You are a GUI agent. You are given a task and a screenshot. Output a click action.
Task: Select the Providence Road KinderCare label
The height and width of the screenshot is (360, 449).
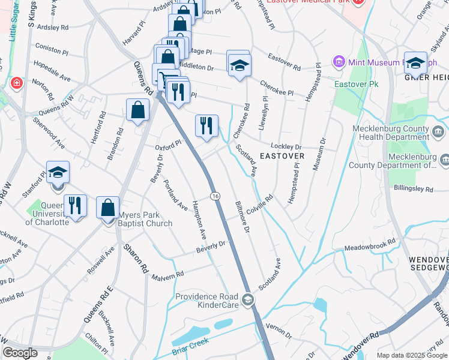(x=207, y=301)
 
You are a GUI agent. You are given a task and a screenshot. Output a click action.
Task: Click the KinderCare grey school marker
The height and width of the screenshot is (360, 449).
(x=248, y=299)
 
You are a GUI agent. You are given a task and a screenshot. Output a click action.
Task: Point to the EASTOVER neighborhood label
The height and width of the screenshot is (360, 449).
(x=282, y=156)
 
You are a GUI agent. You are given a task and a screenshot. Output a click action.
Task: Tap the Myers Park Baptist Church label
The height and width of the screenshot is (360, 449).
(x=145, y=220)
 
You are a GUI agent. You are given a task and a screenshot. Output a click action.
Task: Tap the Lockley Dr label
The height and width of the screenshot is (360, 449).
(x=286, y=146)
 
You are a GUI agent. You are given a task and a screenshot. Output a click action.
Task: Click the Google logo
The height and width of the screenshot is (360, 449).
(x=20, y=353)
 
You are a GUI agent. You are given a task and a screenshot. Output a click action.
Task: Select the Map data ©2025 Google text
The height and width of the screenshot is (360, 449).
(x=412, y=355)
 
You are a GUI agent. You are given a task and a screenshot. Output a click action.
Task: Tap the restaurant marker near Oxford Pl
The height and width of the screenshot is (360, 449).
(x=206, y=126)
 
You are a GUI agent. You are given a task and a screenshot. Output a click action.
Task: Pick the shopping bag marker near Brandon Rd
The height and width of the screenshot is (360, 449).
(x=138, y=110)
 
